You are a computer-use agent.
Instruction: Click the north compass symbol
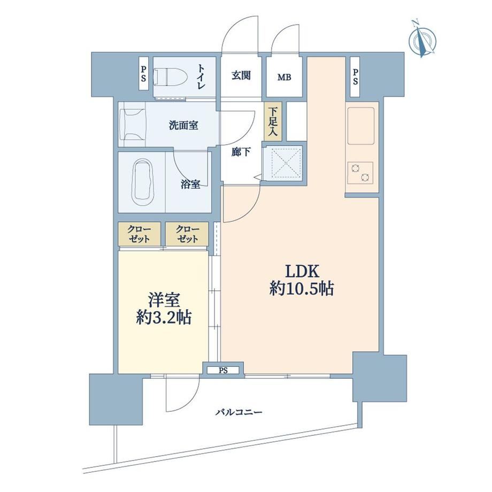point(422,39)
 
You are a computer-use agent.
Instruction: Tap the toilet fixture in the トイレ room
point(171,77)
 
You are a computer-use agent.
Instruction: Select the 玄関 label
point(241,75)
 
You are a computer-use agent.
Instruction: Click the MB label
point(285,77)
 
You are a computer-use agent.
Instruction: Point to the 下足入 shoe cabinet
point(273,121)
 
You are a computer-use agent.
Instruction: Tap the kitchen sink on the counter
point(361,126)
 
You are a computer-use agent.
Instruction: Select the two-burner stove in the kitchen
point(360,173)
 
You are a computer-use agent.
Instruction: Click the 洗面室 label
point(183,125)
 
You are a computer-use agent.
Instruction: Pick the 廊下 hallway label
point(241,152)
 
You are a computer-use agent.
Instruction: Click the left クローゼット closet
point(140,234)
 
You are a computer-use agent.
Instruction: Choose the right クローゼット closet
point(187,234)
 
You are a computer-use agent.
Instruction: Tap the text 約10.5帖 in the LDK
point(301,288)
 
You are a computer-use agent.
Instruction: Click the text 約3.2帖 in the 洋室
point(164,317)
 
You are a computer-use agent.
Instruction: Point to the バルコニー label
point(239,412)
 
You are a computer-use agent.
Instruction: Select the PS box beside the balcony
point(223,369)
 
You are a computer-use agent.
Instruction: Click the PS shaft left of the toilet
point(143,73)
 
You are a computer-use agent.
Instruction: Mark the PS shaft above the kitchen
point(355,77)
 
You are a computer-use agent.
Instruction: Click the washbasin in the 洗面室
point(133,124)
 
